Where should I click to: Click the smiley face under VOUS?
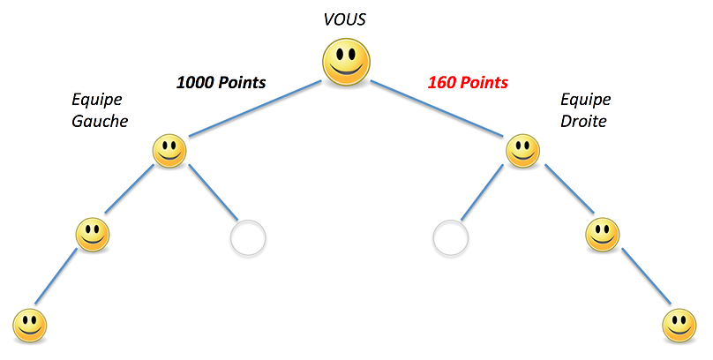pyautogui.click(x=345, y=64)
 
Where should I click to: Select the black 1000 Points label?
pyautogui.click(x=221, y=83)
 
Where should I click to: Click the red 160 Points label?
pyautogui.click(x=468, y=83)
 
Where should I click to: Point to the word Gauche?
pyautogui.click(x=100, y=121)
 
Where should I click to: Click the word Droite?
pyautogui.click(x=583, y=121)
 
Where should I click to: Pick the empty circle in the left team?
pyautogui.click(x=248, y=237)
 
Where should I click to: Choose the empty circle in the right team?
pyautogui.click(x=450, y=237)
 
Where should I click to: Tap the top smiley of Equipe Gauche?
pyautogui.click(x=169, y=151)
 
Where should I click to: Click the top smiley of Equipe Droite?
pyautogui.click(x=522, y=151)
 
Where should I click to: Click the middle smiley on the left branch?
pyautogui.click(x=92, y=235)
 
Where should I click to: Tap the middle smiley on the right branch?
pyautogui.click(x=603, y=235)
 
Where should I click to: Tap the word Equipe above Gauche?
pyautogui.click(x=97, y=100)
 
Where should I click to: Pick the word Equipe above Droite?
pyautogui.click(x=585, y=100)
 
